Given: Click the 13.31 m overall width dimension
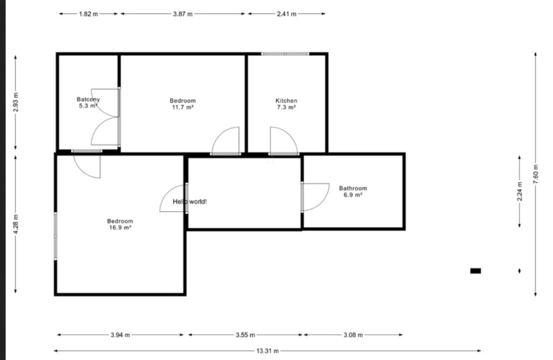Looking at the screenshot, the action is pyautogui.click(x=267, y=351).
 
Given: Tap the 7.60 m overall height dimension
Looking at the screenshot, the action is pyautogui.click(x=535, y=174).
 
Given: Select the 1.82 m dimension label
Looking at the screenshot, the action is pyautogui.click(x=89, y=14).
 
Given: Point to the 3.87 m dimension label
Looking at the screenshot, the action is pyautogui.click(x=183, y=14).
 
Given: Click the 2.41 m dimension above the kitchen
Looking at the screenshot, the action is pyautogui.click(x=286, y=14).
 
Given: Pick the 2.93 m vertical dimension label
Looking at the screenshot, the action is pyautogui.click(x=16, y=102).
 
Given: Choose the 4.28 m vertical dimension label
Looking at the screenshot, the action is pyautogui.click(x=16, y=224).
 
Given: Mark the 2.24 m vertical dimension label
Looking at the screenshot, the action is pyautogui.click(x=520, y=192).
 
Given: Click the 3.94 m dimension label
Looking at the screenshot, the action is pyautogui.click(x=120, y=335).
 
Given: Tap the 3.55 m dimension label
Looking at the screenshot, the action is pyautogui.click(x=245, y=335).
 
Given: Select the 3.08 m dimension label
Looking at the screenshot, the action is pyautogui.click(x=353, y=335).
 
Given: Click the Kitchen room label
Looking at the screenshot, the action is pyautogui.click(x=286, y=100).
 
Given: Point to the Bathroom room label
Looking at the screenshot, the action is pyautogui.click(x=353, y=188).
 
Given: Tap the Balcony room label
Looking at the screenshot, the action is pyautogui.click(x=88, y=99).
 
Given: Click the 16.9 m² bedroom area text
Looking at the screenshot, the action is pyautogui.click(x=120, y=228).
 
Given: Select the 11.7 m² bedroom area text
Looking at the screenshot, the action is pyautogui.click(x=183, y=107).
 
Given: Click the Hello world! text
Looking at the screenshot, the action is pyautogui.click(x=190, y=201).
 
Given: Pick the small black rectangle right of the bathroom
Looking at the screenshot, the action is pyautogui.click(x=475, y=271).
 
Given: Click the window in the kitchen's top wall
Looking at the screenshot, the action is pyautogui.click(x=285, y=54).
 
